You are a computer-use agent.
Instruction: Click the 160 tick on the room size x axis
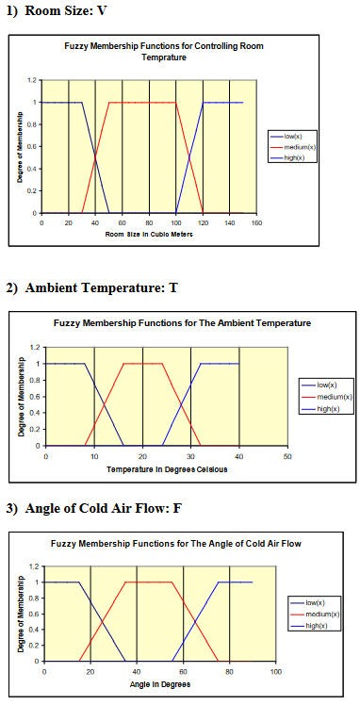pos(256,223)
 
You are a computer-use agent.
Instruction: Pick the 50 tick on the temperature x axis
pos(287,455)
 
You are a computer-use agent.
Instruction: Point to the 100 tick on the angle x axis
pos(275,671)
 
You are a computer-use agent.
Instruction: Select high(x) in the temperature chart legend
pos(326,409)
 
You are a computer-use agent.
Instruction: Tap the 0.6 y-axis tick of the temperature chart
pos(35,396)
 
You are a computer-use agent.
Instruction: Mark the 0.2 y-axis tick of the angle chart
pos(35,646)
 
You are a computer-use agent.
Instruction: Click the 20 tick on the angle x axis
pos(90,671)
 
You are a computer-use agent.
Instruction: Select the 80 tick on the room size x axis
pos(149,223)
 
